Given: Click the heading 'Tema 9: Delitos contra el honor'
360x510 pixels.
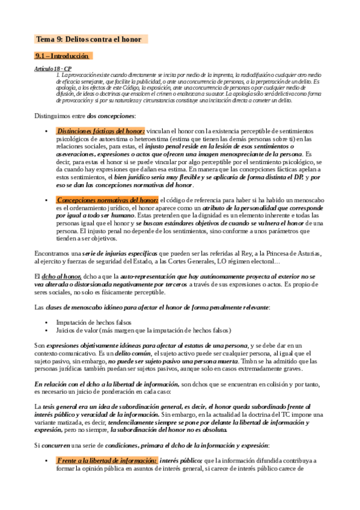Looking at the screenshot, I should tap(89, 40).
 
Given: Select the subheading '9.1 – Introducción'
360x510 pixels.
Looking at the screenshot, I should tap(63, 56).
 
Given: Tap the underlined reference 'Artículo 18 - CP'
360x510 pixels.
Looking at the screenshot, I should tap(53, 70).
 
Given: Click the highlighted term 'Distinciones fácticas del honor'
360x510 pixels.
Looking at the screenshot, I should tap(100, 131).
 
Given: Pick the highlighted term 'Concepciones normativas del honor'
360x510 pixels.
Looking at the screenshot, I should tap(108, 200).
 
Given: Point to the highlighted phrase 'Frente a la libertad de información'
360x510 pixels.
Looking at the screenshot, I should tap(106, 460).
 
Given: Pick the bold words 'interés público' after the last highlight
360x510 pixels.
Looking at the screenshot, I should tap(181, 460).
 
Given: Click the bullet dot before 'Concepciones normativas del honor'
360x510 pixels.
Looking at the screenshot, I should tap(47, 200).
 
